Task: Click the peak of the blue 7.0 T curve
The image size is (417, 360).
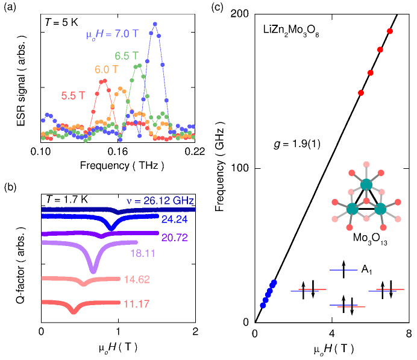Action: click(x=155, y=24)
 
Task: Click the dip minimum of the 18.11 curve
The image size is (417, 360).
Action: click(x=93, y=273)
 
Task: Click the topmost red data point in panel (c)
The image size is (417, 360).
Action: click(x=390, y=31)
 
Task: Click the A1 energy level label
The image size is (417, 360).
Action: click(x=367, y=269)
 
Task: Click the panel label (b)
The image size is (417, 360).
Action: click(x=9, y=188)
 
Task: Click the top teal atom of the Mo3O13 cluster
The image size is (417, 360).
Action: click(x=366, y=185)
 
